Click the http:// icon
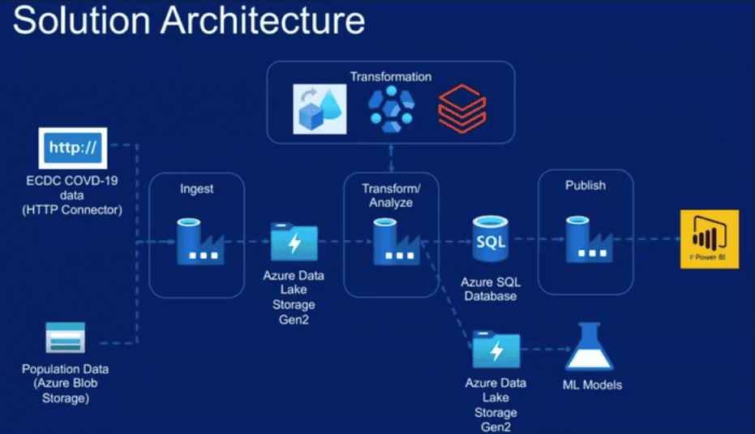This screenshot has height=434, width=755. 72,148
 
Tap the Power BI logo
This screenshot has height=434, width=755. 710,238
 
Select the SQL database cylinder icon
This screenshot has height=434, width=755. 494,241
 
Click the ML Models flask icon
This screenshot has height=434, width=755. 591,348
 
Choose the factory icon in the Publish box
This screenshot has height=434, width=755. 585,240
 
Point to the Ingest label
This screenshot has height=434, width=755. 196,188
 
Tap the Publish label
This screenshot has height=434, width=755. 585,185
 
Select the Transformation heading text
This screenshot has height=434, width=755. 391,77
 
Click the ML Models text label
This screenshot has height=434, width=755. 592,385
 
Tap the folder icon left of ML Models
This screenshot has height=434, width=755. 495,350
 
